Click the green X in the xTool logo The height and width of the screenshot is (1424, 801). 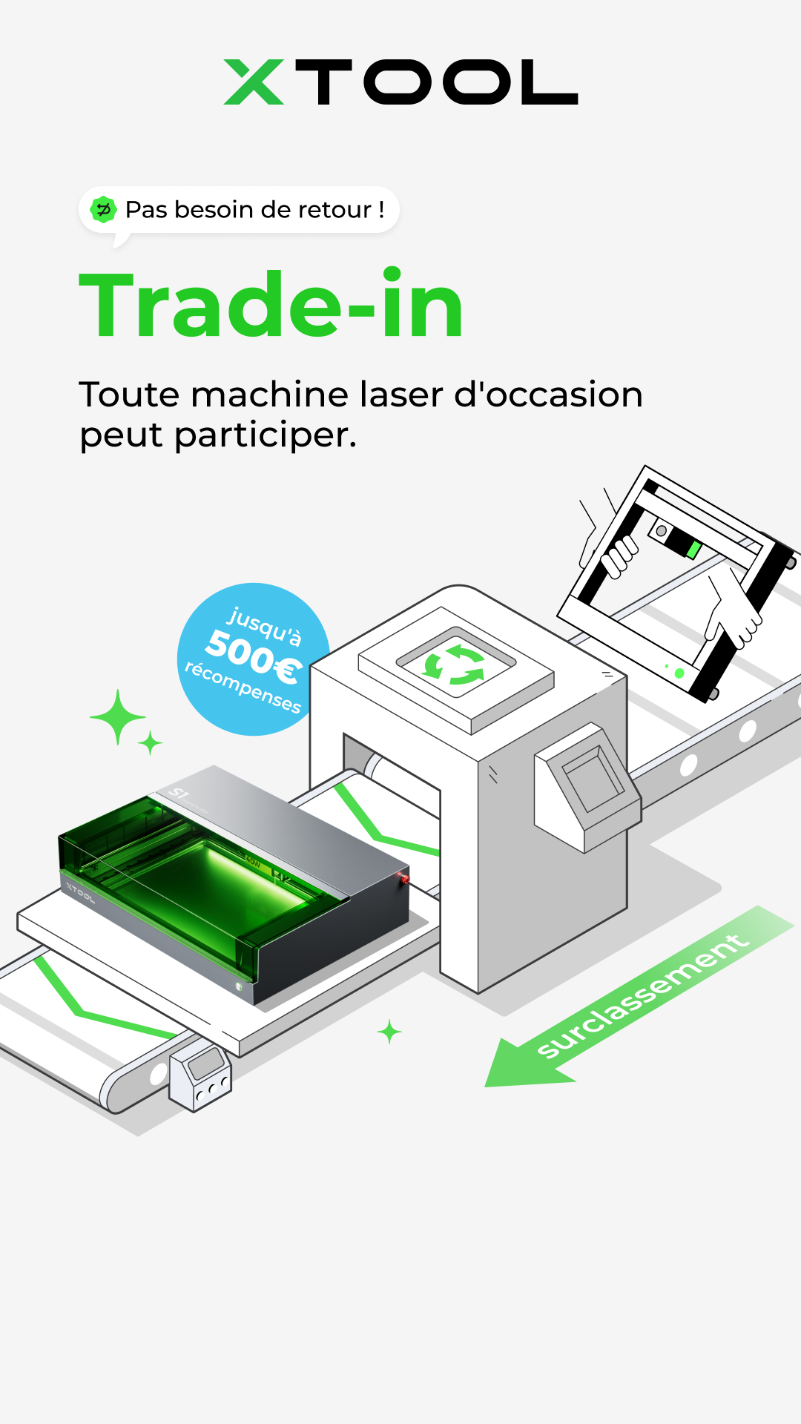(x=254, y=82)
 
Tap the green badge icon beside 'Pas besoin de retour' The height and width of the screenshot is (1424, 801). (x=103, y=210)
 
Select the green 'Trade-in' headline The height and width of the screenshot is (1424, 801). (x=271, y=304)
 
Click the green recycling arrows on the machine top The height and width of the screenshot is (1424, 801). (x=454, y=665)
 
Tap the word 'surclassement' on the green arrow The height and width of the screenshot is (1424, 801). (x=642, y=995)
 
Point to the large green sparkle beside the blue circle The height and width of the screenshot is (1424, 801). (x=118, y=717)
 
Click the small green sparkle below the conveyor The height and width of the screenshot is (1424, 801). (x=389, y=1032)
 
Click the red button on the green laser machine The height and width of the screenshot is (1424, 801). (x=405, y=879)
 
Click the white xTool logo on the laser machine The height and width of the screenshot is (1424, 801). (x=80, y=892)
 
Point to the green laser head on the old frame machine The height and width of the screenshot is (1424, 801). (x=693, y=550)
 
